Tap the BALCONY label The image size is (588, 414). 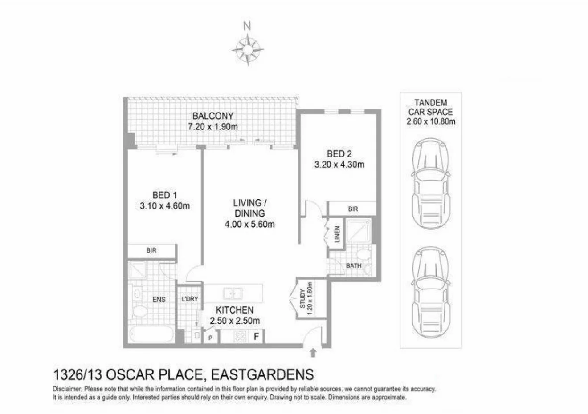point(213,117)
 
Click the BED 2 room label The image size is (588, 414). point(339,154)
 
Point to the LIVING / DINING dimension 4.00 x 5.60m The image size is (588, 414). point(249,225)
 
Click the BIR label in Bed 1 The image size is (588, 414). point(151,250)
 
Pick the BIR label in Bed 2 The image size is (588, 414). point(353,209)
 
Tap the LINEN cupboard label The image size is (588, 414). point(337,235)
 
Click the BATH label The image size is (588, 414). point(354,266)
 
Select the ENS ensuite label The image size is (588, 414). point(159,299)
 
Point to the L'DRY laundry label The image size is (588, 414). point(190,299)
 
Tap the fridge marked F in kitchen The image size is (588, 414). point(256,336)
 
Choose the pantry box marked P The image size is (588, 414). point(210,338)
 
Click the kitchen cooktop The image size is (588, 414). point(240,336)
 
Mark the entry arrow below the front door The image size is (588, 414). point(313,353)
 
